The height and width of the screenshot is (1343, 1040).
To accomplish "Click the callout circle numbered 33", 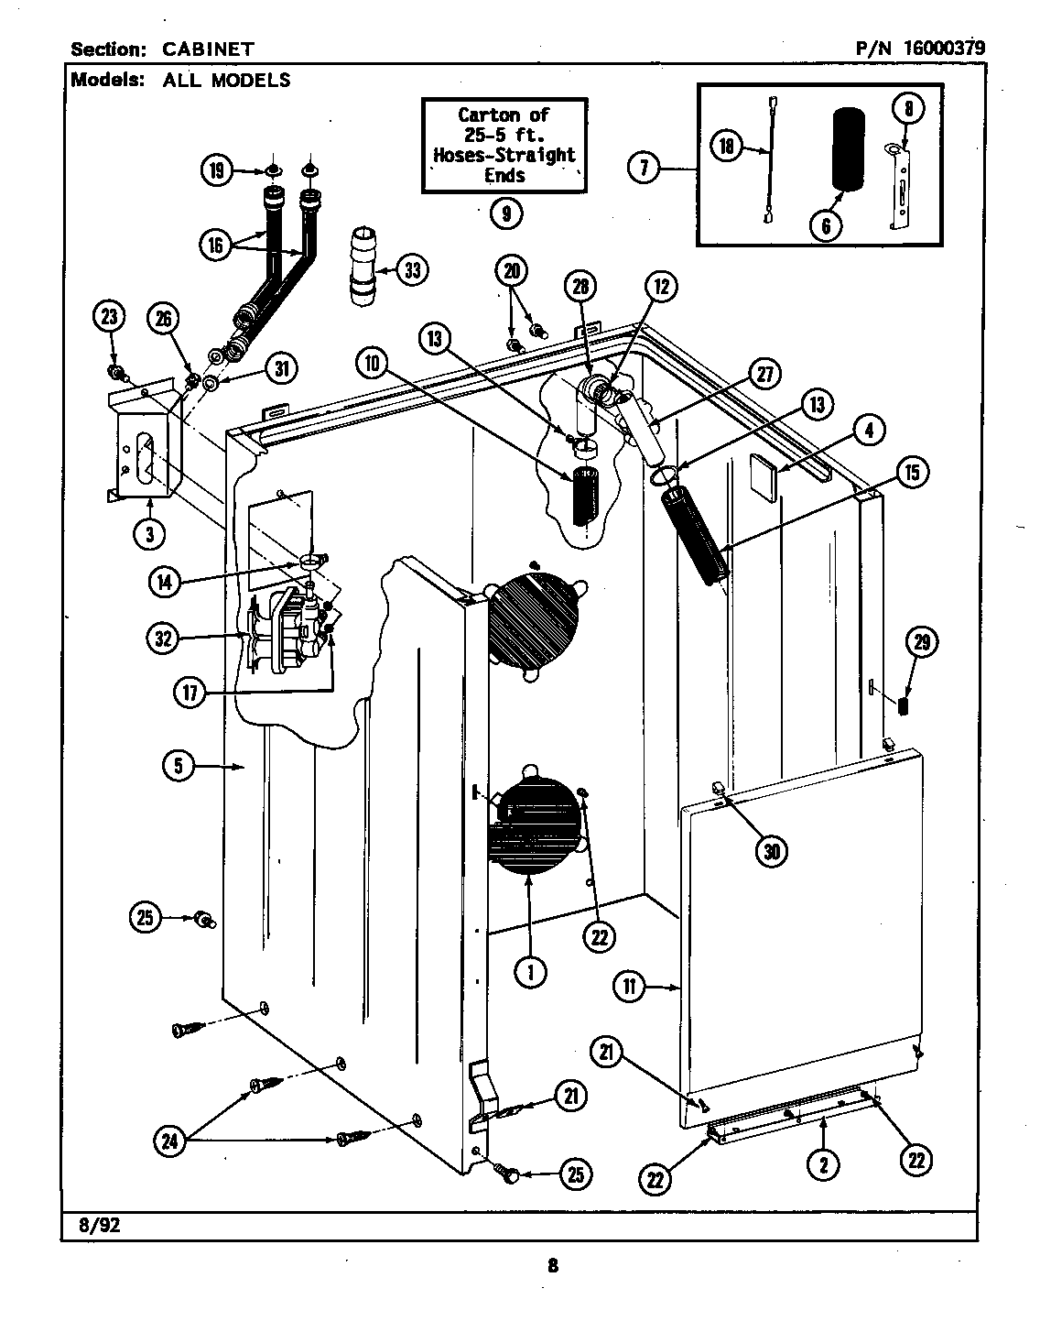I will click(x=414, y=269).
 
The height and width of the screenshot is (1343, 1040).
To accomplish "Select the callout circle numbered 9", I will click(x=505, y=213).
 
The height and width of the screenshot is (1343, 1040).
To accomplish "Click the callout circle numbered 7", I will click(x=645, y=169).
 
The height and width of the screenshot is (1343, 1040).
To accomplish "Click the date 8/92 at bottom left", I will click(x=94, y=1225).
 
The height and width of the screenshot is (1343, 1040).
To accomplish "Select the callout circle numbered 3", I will click(x=149, y=534).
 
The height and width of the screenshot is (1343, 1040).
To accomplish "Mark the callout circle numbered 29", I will click(x=921, y=642).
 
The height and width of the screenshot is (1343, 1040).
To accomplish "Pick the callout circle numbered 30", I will click(x=771, y=851).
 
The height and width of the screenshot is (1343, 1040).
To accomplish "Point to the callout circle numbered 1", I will click(x=529, y=972).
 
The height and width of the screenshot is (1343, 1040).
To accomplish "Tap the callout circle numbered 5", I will click(x=179, y=765).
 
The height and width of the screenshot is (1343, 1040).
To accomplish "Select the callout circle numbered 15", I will click(x=911, y=472).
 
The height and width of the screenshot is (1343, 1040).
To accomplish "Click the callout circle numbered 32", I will click(x=163, y=639).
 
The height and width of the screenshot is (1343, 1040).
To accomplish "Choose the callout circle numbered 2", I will click(x=823, y=1162).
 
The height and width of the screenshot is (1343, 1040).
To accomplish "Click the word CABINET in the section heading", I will click(x=209, y=49).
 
